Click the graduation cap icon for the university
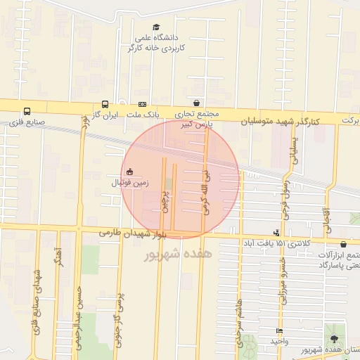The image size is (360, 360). point(155,27)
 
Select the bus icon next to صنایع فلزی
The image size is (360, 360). point(27,111)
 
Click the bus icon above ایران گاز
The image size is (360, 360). point(105,103)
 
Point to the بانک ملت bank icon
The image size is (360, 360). point(142,103)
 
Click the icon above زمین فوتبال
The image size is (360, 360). point(129,171)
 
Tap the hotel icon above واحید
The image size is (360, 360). point(280,330)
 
